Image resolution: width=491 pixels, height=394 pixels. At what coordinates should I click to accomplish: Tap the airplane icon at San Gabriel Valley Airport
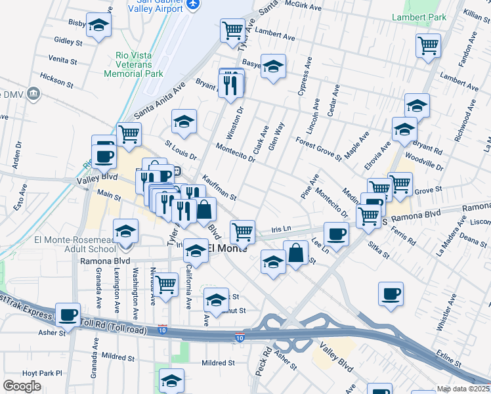192,5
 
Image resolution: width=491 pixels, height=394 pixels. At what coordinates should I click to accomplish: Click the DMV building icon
35,94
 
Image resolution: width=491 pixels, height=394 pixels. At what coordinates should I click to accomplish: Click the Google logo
22,386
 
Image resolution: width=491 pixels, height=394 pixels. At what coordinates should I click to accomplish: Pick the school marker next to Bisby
98,26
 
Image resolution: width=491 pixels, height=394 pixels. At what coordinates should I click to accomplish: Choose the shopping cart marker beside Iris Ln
243,231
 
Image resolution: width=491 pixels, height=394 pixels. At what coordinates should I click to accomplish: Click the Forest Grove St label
318,148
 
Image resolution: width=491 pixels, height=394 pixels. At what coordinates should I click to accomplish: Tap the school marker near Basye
273,66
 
